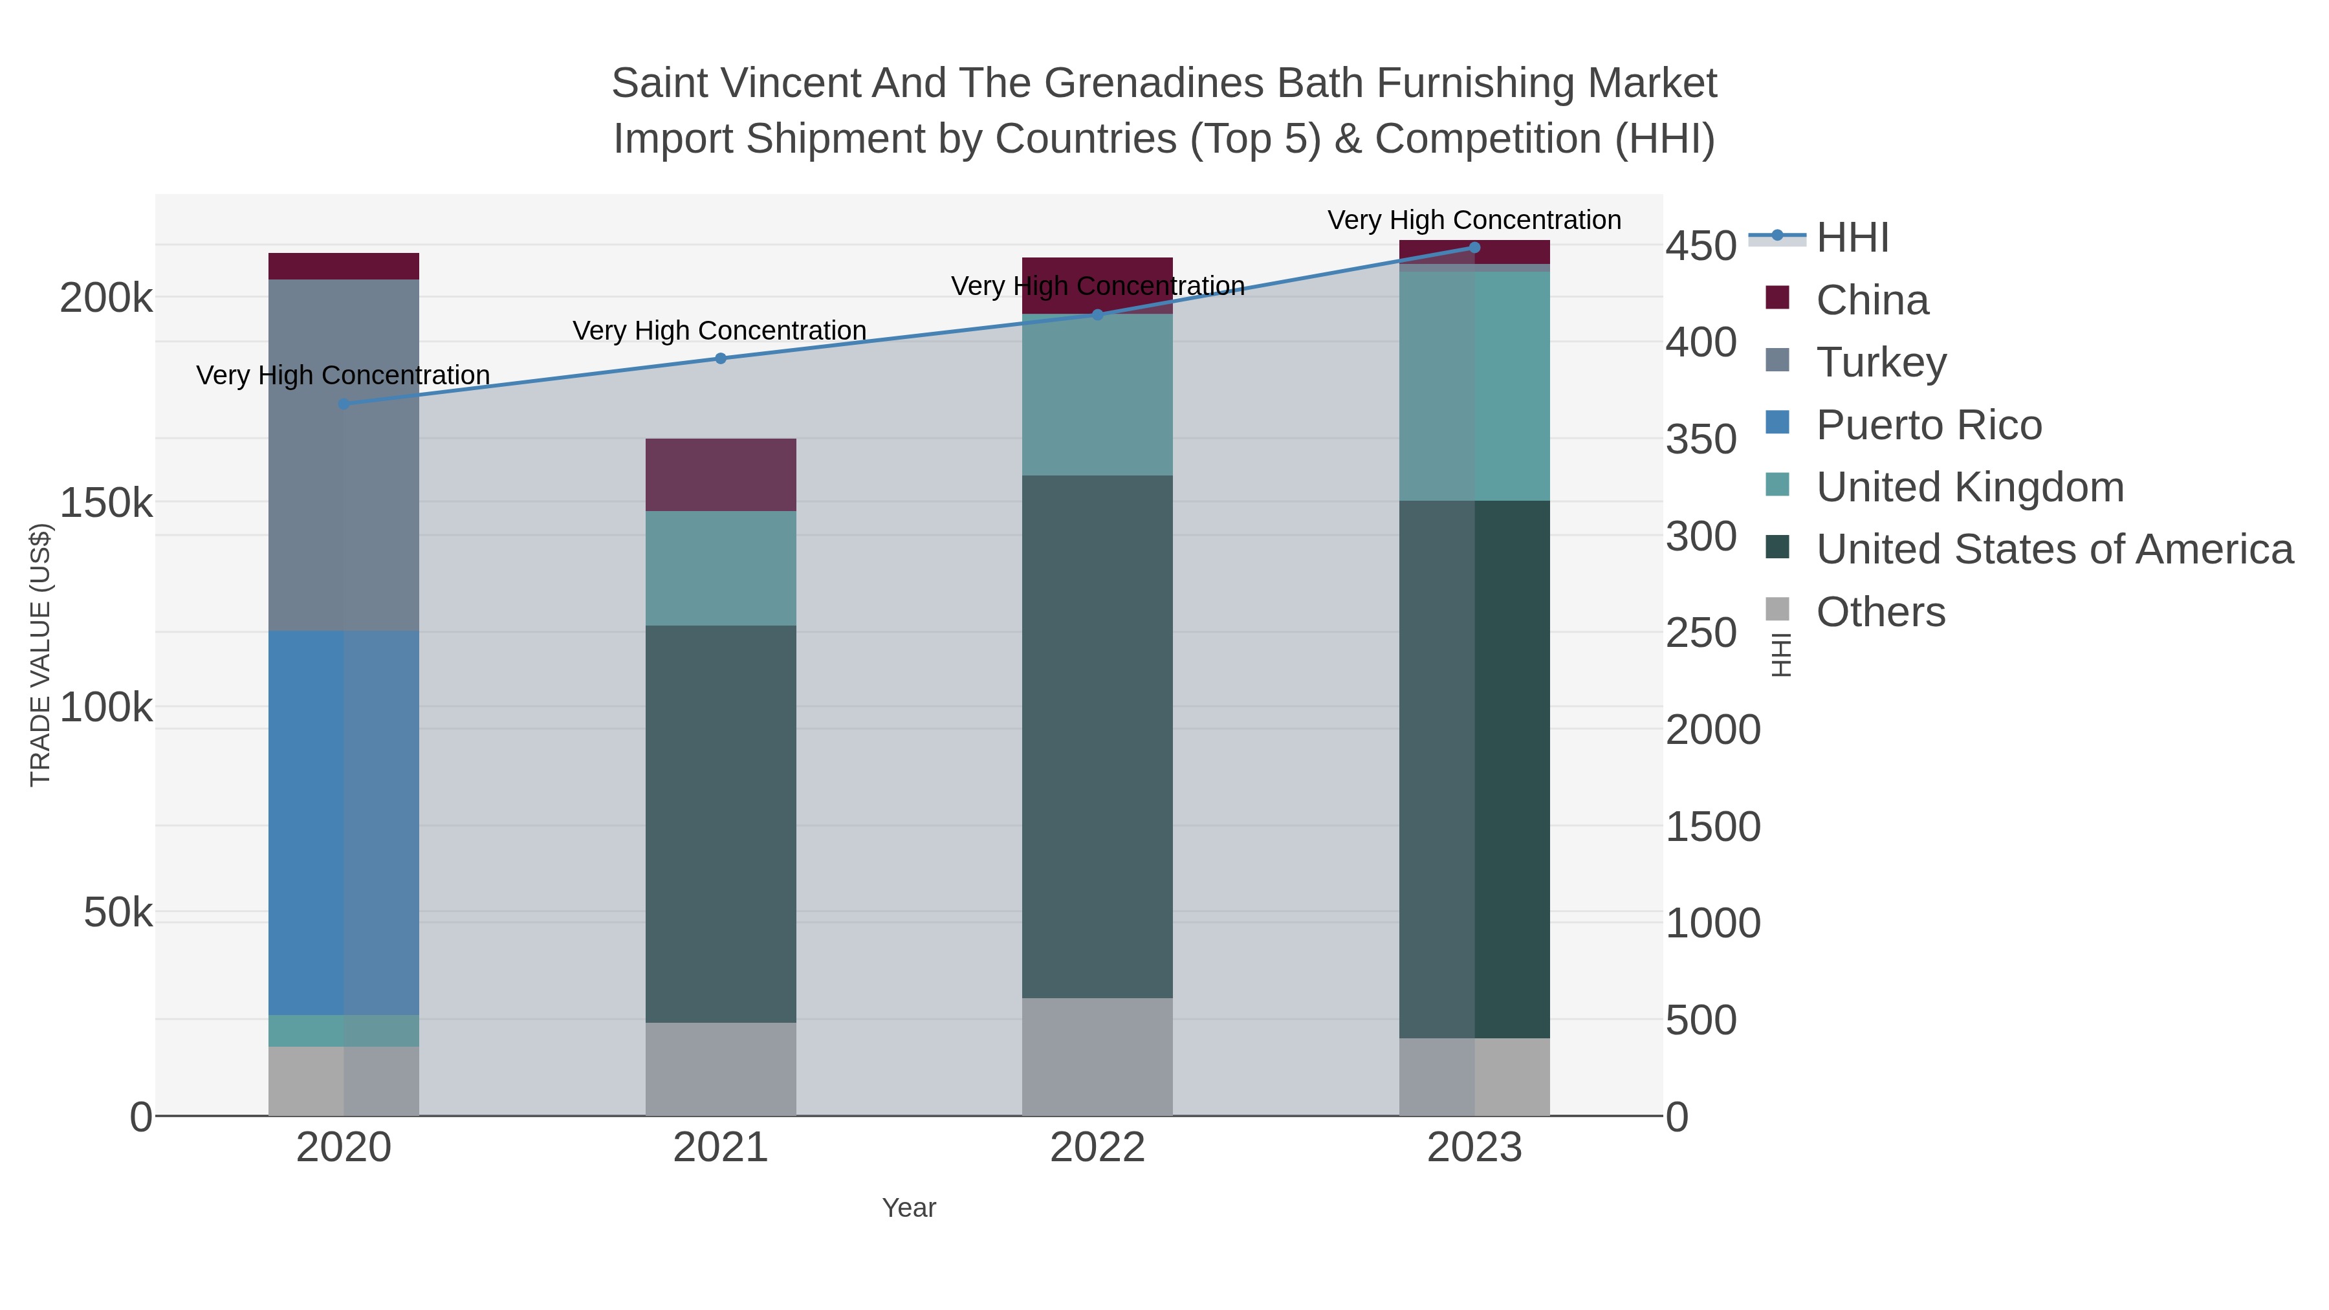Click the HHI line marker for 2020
pyautogui.click(x=344, y=404)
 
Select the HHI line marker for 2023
pyautogui.click(x=1474, y=248)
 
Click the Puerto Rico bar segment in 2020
pyautogui.click(x=344, y=823)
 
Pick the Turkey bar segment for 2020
pyautogui.click(x=344, y=455)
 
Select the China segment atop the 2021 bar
pyautogui.click(x=721, y=475)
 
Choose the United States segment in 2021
pyautogui.click(x=721, y=824)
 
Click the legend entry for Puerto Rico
pyautogui.click(x=1929, y=425)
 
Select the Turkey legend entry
pyautogui.click(x=1881, y=362)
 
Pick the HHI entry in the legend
pyautogui.click(x=1852, y=238)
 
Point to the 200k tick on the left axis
pyautogui.click(x=106, y=298)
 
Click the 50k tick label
pyautogui.click(x=118, y=913)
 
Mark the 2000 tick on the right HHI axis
pyautogui.click(x=1713, y=730)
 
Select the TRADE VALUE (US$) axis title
pyautogui.click(x=41, y=655)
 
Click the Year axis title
pyautogui.click(x=909, y=1208)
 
